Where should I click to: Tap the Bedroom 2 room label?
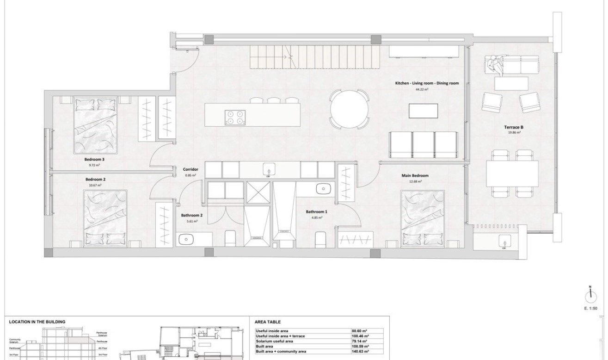96,179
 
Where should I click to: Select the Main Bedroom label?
415,176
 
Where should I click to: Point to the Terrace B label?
514,127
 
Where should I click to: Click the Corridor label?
190,170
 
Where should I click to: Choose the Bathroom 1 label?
316,212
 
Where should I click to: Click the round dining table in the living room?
349,110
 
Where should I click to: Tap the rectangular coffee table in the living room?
424,111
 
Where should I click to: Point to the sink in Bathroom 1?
323,188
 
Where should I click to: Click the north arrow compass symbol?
590,294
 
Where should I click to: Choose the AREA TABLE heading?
268,322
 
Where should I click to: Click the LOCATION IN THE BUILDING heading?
37,322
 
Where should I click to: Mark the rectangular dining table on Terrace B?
512,173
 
